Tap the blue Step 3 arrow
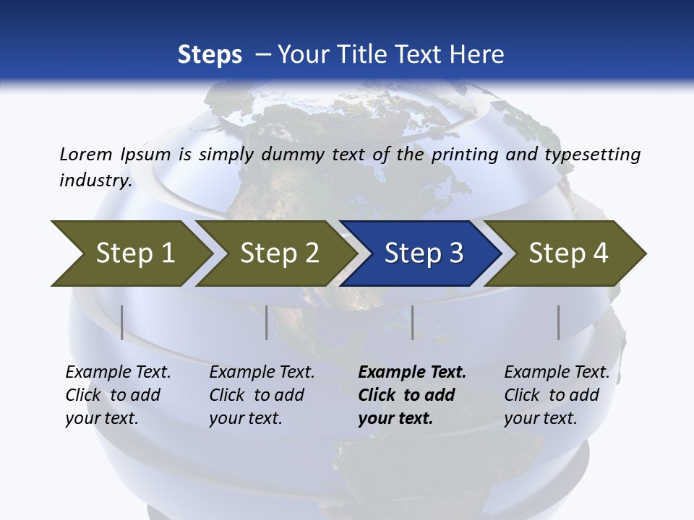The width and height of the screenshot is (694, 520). tap(423, 253)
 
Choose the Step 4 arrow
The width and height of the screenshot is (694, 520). tap(568, 253)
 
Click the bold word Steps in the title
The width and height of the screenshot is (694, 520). tap(210, 55)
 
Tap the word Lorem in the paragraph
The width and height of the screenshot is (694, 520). tap(85, 154)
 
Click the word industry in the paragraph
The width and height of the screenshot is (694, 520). tap(94, 180)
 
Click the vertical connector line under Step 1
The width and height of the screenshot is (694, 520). tap(122, 322)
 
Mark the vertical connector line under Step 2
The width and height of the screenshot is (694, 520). tap(267, 322)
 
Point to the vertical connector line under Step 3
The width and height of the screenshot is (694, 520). tap(413, 322)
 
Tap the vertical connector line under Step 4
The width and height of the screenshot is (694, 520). tap(559, 322)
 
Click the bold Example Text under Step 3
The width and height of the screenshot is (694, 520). tap(412, 373)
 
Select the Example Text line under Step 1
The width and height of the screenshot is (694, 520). tap(118, 373)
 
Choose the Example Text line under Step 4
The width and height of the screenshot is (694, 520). tap(557, 373)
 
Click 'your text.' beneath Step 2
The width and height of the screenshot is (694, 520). tap(245, 418)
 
